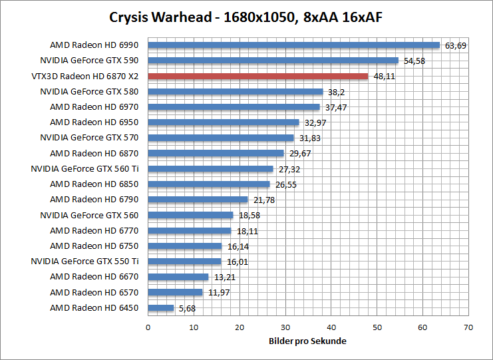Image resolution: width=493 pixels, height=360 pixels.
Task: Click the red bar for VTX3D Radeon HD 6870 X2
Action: [257, 76]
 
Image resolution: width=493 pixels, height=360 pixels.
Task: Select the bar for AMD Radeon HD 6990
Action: [293, 45]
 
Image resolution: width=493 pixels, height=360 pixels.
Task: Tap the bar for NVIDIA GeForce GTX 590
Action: [273, 61]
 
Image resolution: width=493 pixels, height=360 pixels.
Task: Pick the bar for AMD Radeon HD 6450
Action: [160, 308]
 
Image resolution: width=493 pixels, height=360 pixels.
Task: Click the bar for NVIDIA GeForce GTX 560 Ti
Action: [210, 169]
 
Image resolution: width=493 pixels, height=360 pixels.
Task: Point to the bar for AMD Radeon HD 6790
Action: [198, 200]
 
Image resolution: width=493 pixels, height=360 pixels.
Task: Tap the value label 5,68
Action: [187, 308]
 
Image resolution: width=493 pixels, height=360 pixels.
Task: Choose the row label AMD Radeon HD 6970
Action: [94, 106]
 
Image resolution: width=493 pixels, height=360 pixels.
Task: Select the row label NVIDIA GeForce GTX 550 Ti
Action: [84, 262]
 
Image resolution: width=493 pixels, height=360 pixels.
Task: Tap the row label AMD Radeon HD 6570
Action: [94, 292]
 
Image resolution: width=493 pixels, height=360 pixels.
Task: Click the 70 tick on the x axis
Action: [468, 327]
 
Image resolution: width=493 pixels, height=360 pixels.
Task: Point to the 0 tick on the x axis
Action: [148, 327]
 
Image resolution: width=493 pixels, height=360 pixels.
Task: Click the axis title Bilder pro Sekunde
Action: [307, 341]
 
